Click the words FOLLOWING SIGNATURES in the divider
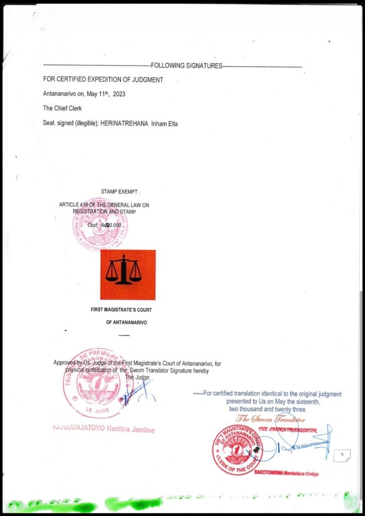(186, 66)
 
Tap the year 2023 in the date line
(119, 94)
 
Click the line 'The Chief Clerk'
(62, 108)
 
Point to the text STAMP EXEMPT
(120, 192)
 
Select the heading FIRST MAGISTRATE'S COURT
(125, 309)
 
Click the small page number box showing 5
(342, 455)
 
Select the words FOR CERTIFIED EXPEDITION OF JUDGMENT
(103, 80)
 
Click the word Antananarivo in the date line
(60, 94)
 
